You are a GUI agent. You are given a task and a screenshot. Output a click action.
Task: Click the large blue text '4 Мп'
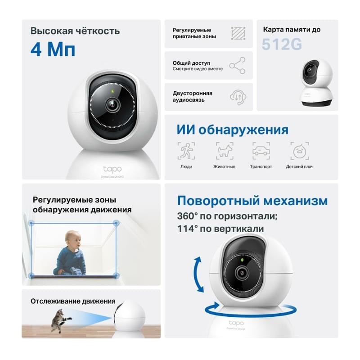[53, 49]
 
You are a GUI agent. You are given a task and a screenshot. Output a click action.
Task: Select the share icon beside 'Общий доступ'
[237, 65]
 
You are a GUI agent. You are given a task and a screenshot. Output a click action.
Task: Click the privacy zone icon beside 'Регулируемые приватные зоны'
[237, 34]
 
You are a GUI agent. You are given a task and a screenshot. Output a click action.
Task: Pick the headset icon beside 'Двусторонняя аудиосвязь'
[237, 96]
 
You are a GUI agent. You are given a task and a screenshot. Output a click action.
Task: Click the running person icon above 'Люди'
[186, 151]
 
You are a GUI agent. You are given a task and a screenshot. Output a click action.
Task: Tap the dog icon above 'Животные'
[224, 151]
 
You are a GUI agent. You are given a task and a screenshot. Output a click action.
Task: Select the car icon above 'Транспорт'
[261, 151]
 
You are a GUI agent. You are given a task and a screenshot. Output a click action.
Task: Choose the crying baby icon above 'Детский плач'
[299, 151]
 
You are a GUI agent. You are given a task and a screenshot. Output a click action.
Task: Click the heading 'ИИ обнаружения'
[232, 130]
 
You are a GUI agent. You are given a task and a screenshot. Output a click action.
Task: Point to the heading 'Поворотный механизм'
[252, 200]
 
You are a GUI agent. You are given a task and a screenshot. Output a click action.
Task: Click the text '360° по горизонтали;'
[227, 216]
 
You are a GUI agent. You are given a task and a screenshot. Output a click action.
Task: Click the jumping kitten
[60, 320]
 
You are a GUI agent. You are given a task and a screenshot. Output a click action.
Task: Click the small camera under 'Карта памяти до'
[317, 83]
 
